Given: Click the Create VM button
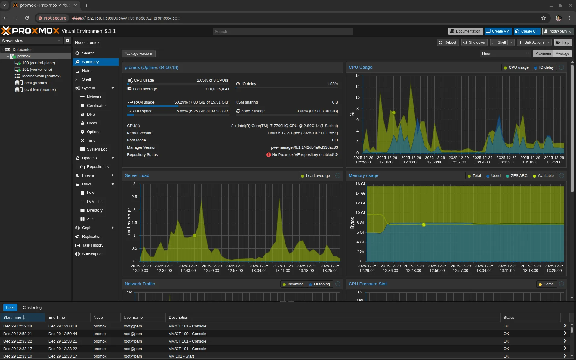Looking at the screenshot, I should click(x=497, y=31).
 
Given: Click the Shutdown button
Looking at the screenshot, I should click(x=474, y=42).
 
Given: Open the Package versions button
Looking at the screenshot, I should click(x=138, y=54).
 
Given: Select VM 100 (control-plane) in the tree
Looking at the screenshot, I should click(x=38, y=63).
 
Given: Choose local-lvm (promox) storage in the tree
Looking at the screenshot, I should click(x=39, y=90).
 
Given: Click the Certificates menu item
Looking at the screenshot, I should click(x=96, y=106).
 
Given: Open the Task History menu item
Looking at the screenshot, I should click(x=92, y=245).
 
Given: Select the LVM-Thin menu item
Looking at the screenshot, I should click(x=95, y=202).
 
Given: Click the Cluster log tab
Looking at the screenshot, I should click(x=32, y=308).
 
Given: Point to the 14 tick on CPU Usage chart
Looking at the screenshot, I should click(x=357, y=76).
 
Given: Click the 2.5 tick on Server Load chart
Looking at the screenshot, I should click(x=134, y=197).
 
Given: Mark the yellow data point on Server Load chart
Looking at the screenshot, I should click(x=195, y=236).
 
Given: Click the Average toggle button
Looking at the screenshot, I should click(x=562, y=54).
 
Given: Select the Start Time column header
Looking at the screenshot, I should click(x=12, y=318).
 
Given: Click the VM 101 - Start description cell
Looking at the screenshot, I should click(x=181, y=356).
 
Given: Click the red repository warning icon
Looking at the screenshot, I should click(x=269, y=155).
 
